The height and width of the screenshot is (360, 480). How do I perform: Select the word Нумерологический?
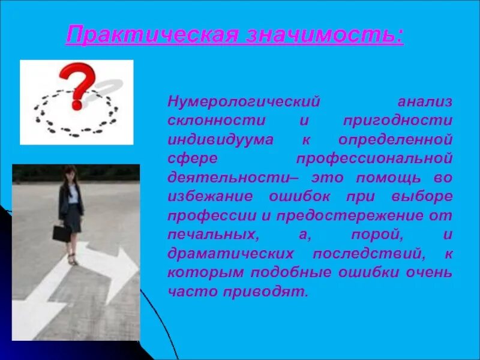(244, 101)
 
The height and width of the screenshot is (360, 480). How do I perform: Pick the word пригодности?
(398, 121)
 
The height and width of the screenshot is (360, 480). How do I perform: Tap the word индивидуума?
(220, 140)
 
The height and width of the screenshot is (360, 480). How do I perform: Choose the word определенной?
(395, 140)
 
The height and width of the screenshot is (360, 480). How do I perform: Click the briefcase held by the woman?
(62, 233)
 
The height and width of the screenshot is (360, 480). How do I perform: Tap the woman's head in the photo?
(71, 175)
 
